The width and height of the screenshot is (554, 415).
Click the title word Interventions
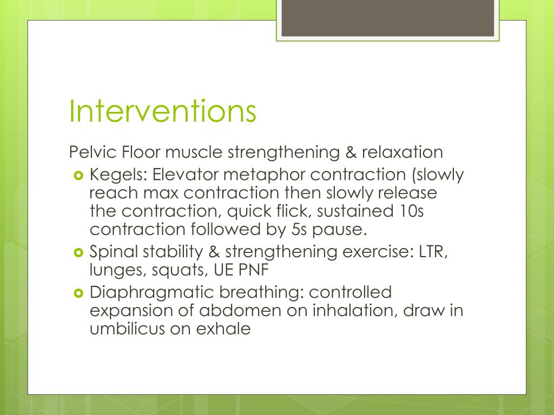coord(162,111)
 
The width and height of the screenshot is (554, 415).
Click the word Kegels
coord(118,175)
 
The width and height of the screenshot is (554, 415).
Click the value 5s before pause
coord(295,230)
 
